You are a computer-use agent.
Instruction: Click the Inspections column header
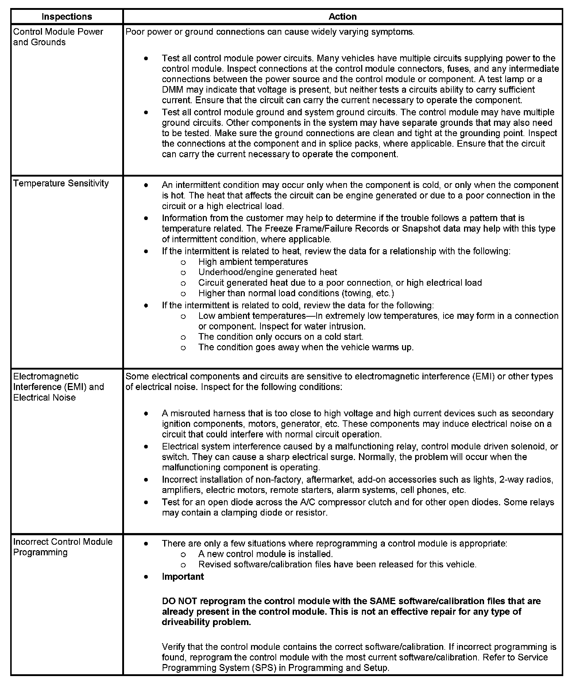(x=67, y=16)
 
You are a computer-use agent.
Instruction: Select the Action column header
(x=342, y=16)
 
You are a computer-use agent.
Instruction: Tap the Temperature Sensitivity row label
(x=61, y=183)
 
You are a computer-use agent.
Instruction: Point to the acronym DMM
(x=171, y=90)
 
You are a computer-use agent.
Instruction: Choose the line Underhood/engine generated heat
(x=267, y=272)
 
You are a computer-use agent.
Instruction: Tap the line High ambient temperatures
(x=253, y=262)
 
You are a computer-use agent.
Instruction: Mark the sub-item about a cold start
(x=281, y=337)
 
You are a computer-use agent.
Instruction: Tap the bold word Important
(x=183, y=577)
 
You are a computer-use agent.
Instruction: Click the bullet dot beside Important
(x=146, y=577)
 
